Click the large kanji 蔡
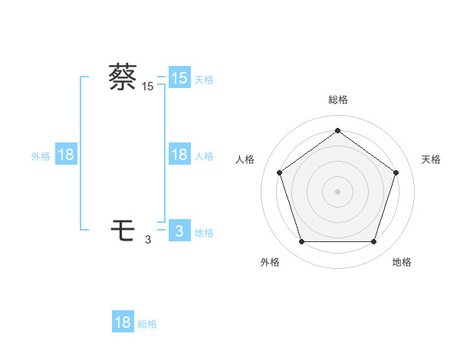123,77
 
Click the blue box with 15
179,78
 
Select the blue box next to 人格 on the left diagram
179,155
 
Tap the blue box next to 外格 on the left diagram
66,155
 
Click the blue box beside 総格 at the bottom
123,322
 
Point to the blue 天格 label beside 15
204,79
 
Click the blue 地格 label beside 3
204,233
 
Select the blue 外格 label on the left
41,156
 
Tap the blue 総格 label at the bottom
147,324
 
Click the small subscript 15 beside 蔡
147,87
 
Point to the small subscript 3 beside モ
148,240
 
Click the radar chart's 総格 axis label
338,100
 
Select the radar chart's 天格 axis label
431,159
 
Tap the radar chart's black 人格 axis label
245,159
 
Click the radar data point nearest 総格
338,130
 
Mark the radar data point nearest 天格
396,172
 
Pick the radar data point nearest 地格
374,242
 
